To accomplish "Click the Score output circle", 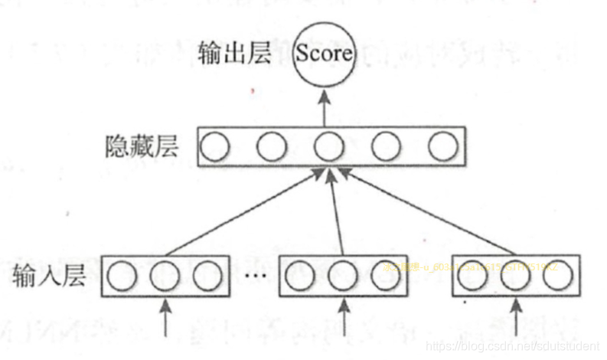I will point(324,54).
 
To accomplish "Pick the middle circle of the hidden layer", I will point(328,146).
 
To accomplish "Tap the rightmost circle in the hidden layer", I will point(442,146).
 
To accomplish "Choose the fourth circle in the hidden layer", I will point(385,146).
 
